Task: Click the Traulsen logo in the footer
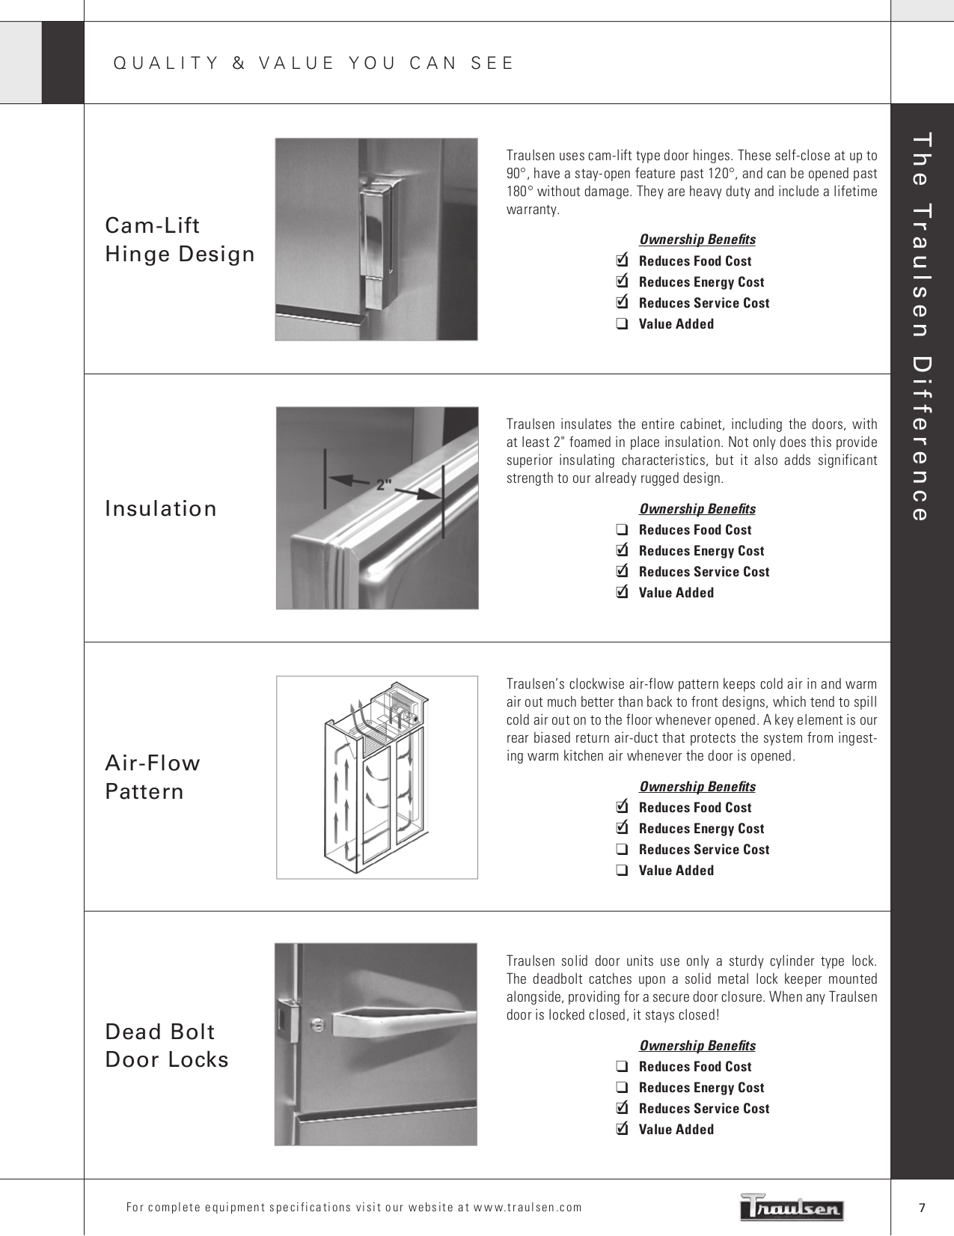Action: point(792,1206)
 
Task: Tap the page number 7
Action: point(922,1207)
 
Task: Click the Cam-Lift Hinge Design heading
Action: point(180,240)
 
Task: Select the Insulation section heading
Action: point(161,508)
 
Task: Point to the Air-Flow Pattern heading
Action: point(153,777)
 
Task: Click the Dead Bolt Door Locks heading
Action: point(167,1045)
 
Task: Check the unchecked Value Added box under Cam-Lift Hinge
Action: point(621,324)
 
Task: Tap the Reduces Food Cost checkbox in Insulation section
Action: point(621,530)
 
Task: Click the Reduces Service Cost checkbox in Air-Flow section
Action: point(621,850)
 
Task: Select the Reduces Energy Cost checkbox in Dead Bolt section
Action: point(621,1088)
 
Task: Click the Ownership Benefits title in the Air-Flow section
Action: point(697,786)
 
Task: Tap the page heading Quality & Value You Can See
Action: point(314,63)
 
